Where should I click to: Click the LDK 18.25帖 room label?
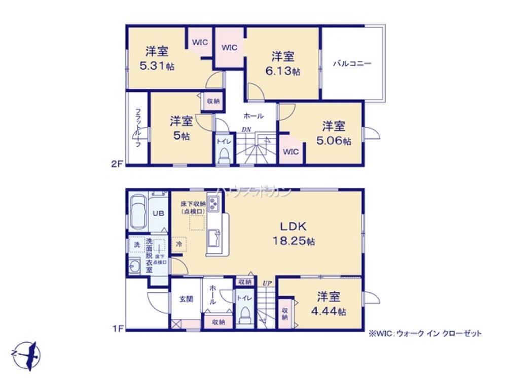(294, 233)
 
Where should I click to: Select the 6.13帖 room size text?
(283, 72)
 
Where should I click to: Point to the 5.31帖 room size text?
(157, 66)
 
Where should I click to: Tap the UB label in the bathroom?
(158, 213)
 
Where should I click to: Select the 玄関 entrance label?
(186, 299)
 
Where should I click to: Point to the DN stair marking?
(246, 130)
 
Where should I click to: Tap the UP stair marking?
(267, 283)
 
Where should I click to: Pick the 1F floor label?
(118, 329)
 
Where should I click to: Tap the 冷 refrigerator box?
(179, 244)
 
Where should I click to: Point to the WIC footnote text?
(425, 334)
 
